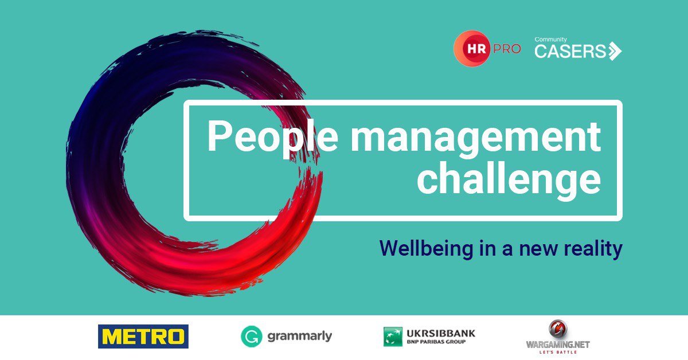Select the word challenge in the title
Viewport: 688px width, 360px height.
coord(509,179)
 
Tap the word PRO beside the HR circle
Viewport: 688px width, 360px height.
coord(507,49)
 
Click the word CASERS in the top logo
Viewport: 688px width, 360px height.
coord(570,51)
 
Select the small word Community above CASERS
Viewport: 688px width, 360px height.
coord(550,40)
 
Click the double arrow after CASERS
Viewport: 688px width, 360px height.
coord(614,51)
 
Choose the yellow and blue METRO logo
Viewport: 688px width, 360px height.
coord(143,336)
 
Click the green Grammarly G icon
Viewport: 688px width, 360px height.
coord(252,336)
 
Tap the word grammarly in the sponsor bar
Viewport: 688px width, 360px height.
coord(300,336)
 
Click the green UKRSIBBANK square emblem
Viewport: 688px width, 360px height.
coord(393,336)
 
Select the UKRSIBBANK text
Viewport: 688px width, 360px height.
coord(441,333)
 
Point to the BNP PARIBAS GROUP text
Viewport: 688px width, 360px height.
coord(436,342)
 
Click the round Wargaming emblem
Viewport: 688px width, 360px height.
coord(558,329)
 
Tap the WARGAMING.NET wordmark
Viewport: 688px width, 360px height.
coord(558,345)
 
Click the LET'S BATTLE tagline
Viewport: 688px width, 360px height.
coord(558,353)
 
